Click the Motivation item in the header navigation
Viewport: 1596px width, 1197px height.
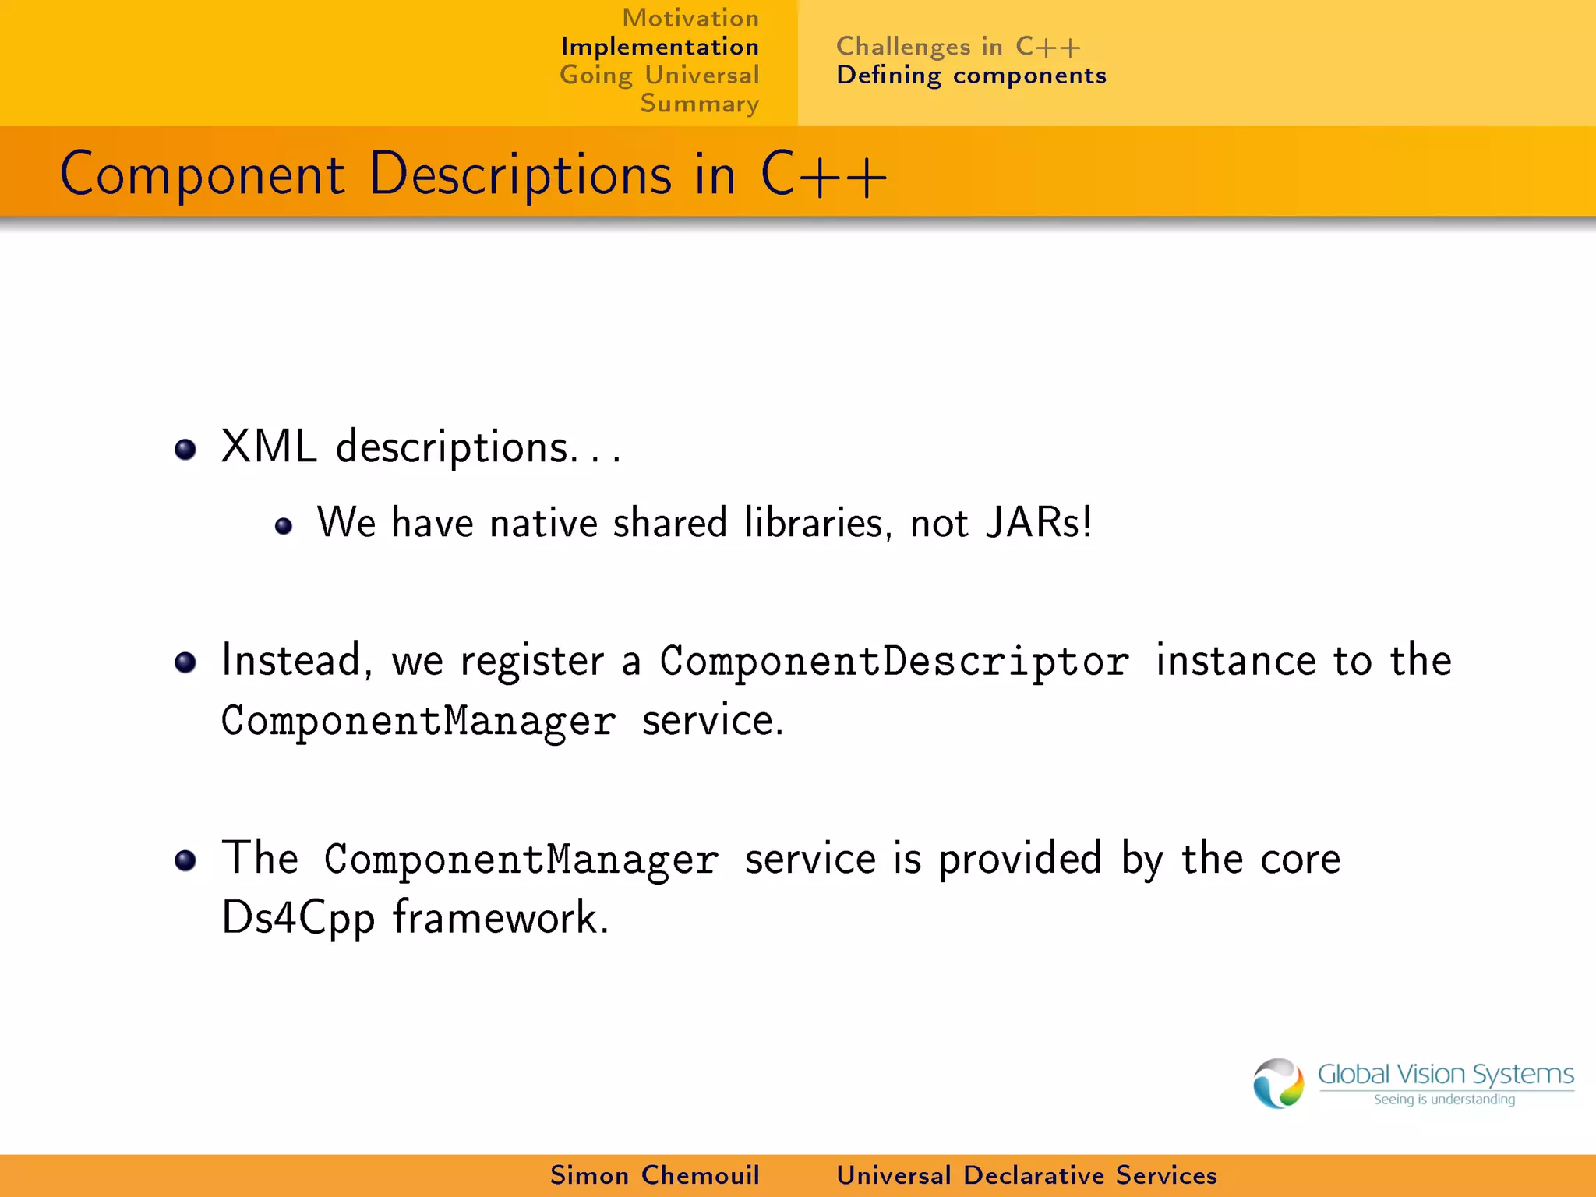click(690, 18)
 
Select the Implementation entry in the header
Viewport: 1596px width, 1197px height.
click(659, 47)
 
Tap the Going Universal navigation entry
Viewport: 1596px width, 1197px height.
click(659, 76)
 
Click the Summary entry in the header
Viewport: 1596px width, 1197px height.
click(699, 104)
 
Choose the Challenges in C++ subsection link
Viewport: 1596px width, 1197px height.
click(958, 47)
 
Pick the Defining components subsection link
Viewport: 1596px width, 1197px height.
click(971, 76)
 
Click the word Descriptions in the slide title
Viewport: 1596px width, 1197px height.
click(520, 175)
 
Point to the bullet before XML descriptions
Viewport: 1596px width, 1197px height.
click(185, 450)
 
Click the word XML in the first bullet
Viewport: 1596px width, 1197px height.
click(269, 447)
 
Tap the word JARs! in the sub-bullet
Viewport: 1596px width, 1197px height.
click(1038, 522)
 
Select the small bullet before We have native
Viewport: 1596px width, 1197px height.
click(284, 527)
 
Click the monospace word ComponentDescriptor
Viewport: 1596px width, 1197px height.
click(894, 662)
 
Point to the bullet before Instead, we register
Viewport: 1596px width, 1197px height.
click(185, 663)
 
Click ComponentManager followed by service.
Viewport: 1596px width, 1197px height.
click(418, 721)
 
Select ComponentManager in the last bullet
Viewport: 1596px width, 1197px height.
click(521, 860)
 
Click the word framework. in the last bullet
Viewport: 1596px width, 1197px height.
click(500, 917)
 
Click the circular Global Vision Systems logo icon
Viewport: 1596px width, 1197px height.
click(1277, 1083)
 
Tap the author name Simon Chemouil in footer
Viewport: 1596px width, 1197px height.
click(655, 1175)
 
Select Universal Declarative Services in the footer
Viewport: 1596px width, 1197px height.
click(1026, 1175)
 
